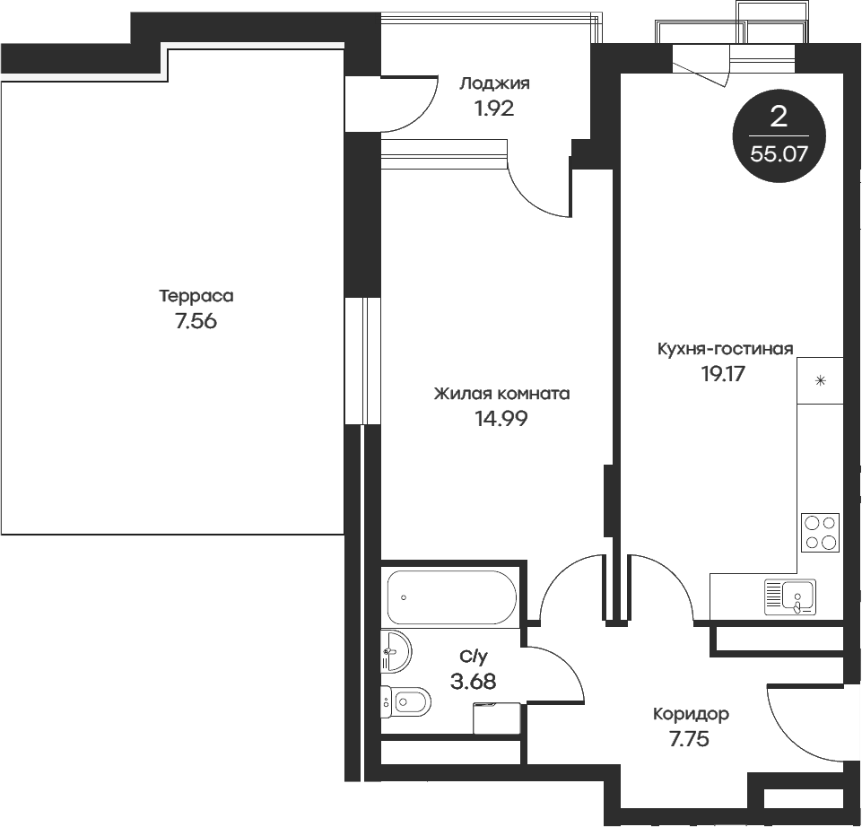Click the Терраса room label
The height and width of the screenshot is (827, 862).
pos(196,295)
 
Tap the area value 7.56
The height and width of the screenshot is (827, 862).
pos(196,322)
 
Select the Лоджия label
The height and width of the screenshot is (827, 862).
pos(494,83)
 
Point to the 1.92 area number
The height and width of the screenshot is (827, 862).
pos(494,109)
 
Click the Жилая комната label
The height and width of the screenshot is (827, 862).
pos(501,393)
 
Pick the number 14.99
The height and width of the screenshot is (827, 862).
pos(501,418)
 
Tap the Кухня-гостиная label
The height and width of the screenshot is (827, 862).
pos(725,349)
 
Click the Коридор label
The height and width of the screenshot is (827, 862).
pos(691,714)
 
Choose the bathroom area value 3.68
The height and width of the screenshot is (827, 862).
pos(473,682)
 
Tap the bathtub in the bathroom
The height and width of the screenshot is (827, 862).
pos(450,597)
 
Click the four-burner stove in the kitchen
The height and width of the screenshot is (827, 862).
pos(820,532)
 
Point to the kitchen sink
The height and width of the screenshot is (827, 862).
pos(790,596)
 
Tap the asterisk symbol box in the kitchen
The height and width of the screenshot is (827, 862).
pos(820,381)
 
